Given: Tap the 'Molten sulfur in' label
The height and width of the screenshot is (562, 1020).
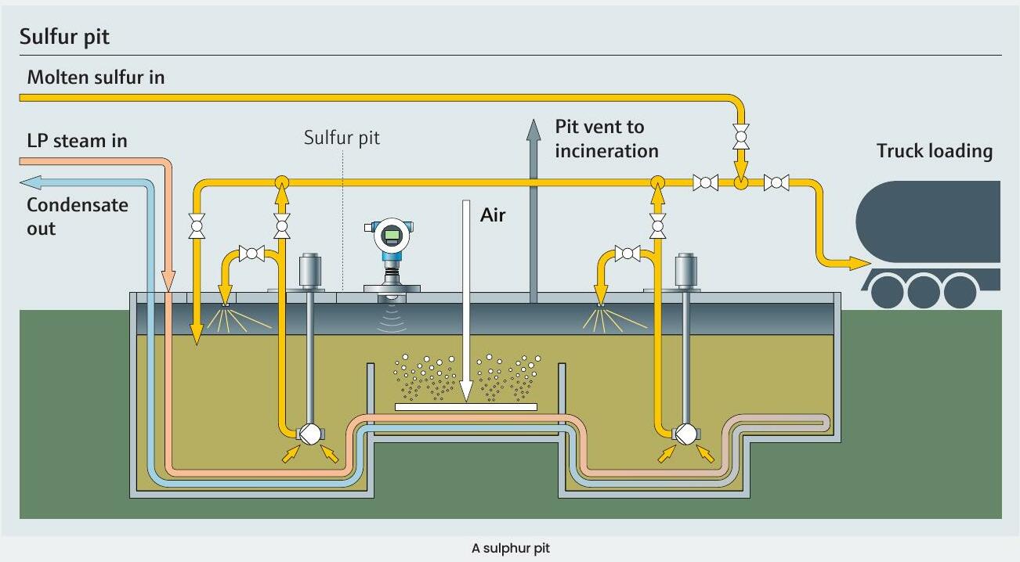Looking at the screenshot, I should tap(96, 77).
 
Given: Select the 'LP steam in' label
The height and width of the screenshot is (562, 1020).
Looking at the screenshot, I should tap(77, 141).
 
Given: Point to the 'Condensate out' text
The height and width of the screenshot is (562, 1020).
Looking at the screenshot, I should tap(77, 217).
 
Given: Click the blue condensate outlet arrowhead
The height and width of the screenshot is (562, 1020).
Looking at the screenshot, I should tap(31, 182).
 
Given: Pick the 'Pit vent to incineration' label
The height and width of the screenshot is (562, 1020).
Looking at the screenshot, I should tap(606, 138).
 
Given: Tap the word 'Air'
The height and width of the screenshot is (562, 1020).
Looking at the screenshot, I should tap(493, 214).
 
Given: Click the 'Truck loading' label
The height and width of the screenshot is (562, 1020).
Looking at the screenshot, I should tap(934, 151).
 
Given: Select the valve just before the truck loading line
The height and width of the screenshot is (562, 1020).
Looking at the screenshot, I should tap(776, 182).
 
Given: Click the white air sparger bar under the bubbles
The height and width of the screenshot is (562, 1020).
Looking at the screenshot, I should tap(465, 406).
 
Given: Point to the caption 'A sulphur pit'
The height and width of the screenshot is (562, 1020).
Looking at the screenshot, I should tap(510, 548).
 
